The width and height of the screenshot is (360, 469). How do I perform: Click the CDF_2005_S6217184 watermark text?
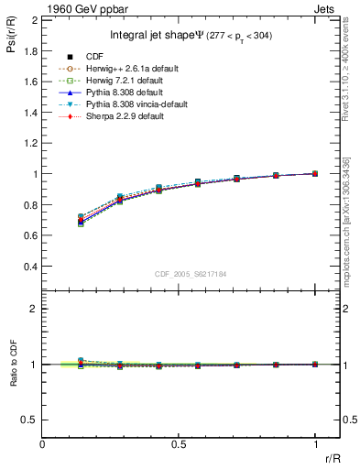point(190,273)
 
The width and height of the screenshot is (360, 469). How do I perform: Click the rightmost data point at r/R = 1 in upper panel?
point(315,173)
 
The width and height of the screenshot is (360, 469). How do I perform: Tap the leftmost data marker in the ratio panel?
point(81,363)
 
